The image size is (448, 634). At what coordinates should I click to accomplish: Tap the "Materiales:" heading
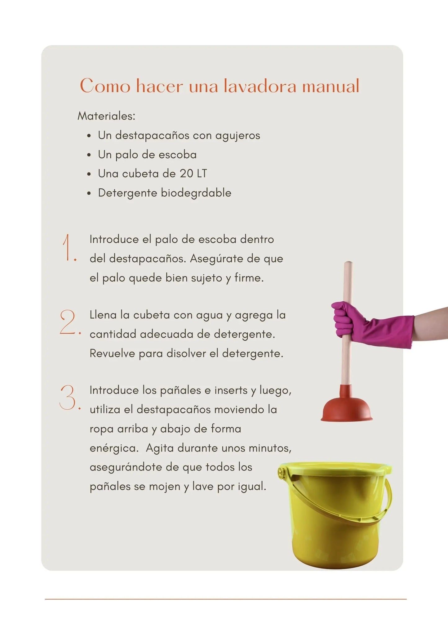pos(106,116)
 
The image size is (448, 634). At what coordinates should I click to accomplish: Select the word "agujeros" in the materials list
pos(237,136)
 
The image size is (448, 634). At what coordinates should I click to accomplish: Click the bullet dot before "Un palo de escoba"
pos(89,155)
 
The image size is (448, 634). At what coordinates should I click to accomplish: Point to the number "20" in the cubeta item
pos(187,173)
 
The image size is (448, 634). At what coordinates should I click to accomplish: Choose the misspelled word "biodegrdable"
pos(196,193)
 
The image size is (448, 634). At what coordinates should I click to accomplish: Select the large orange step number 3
pos(69,398)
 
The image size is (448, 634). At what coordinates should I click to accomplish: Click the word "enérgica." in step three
pos(114,448)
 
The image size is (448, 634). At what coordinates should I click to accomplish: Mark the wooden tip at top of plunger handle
pos(348,264)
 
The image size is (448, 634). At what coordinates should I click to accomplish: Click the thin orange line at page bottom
pos(225,599)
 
